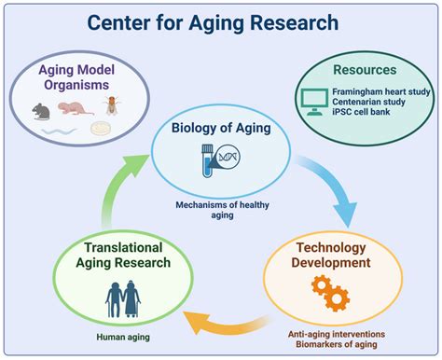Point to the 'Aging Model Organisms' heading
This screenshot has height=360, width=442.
click(78, 80)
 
